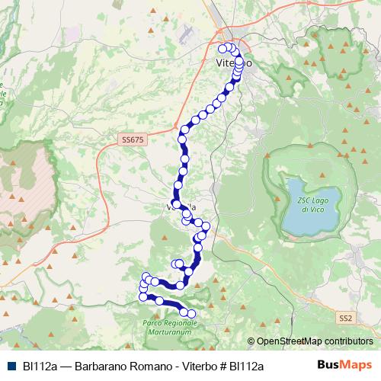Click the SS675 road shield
coord(132,139)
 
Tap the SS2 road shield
coord(347,317)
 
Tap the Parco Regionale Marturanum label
coord(170,327)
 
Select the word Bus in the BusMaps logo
coord(328,365)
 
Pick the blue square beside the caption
coord(11,366)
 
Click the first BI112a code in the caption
coord(40,366)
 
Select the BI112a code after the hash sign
coord(246,366)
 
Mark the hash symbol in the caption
coord(223,366)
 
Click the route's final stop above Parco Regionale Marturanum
coord(191,314)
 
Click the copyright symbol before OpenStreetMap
coord(251,341)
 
